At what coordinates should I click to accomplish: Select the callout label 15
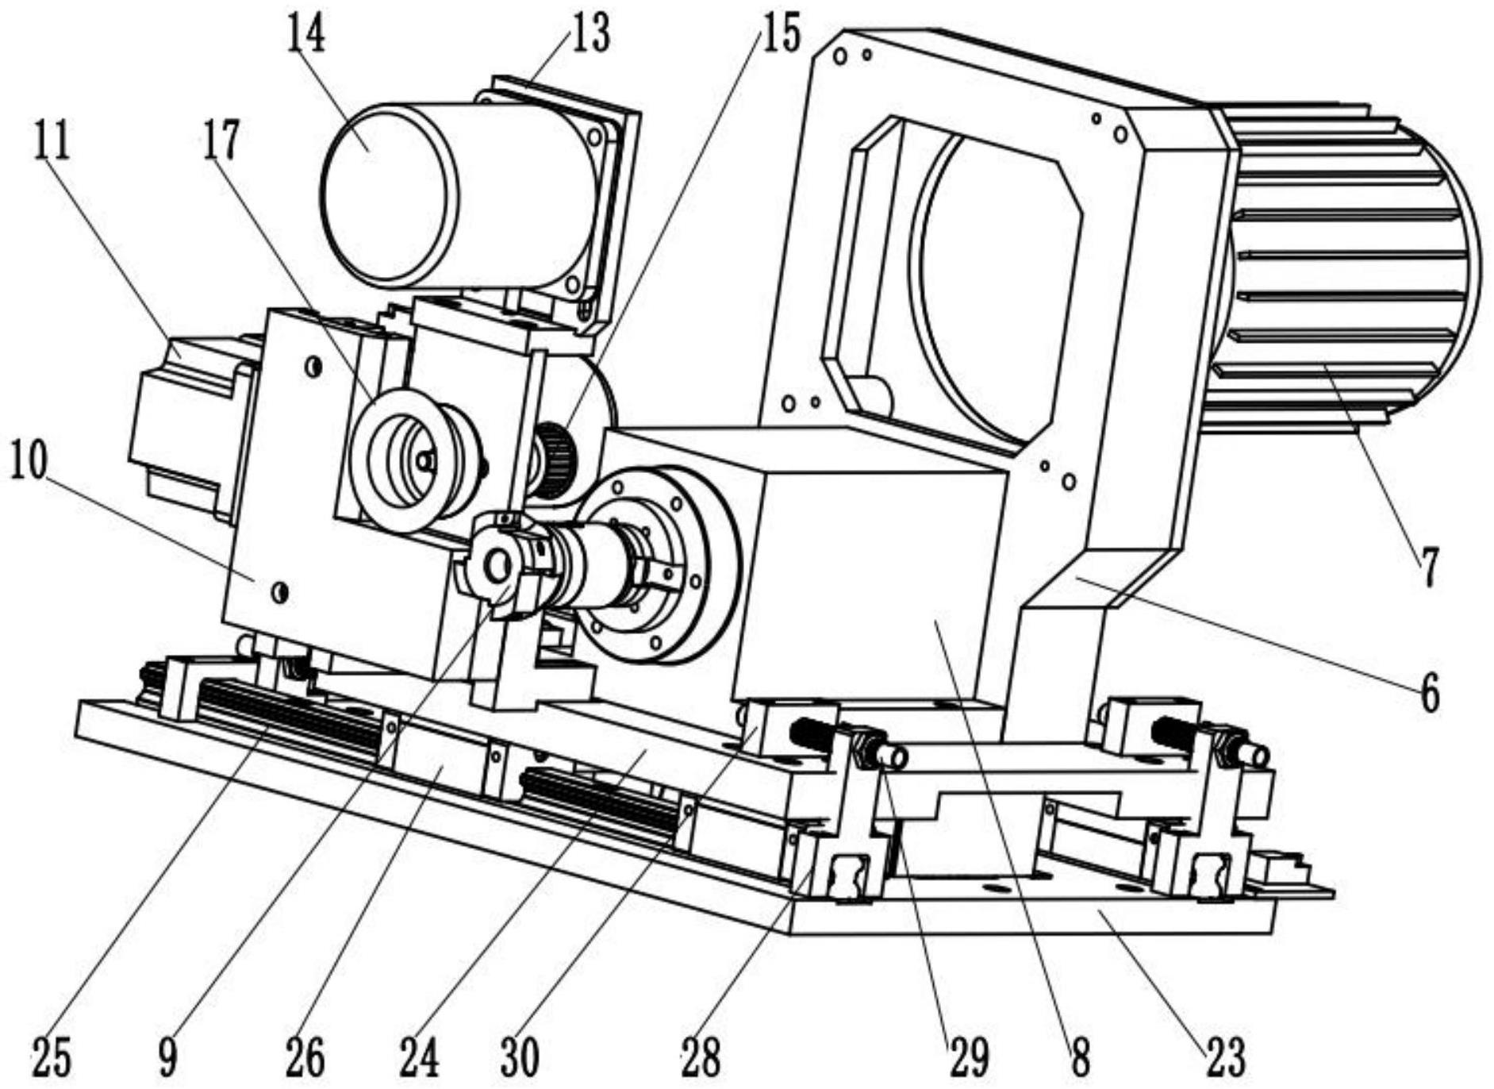pos(781,33)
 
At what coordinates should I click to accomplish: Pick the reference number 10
pos(29,460)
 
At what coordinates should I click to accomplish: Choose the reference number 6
pos(1429,693)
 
